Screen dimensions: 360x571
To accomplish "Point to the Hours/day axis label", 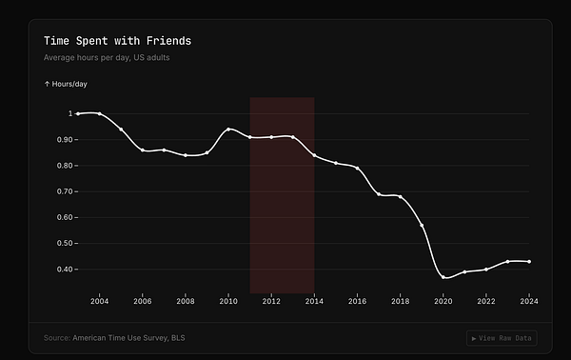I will tap(65, 84).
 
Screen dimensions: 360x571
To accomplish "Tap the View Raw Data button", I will tap(502, 338).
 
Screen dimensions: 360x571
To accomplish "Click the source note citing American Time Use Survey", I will tap(114, 338).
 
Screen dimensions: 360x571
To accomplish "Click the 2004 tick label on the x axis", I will tap(99, 301).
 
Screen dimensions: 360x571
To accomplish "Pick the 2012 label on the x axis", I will tap(271, 301).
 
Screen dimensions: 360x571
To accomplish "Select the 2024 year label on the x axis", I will tap(529, 301).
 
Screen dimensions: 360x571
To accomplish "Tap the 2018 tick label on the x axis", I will tap(401, 301).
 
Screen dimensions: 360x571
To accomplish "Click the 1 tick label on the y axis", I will tap(69, 113).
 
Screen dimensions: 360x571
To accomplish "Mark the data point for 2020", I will tap(443, 277).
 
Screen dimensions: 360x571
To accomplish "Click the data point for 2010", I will tap(228, 129).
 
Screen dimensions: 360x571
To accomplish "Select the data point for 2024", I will tap(529, 261).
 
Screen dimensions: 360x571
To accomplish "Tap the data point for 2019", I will tap(422, 225).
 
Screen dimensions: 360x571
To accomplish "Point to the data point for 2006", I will tap(143, 150).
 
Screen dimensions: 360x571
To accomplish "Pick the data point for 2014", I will tap(314, 155).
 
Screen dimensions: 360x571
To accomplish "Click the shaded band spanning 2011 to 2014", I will tap(282, 219).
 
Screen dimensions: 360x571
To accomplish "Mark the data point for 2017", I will tap(379, 194).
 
